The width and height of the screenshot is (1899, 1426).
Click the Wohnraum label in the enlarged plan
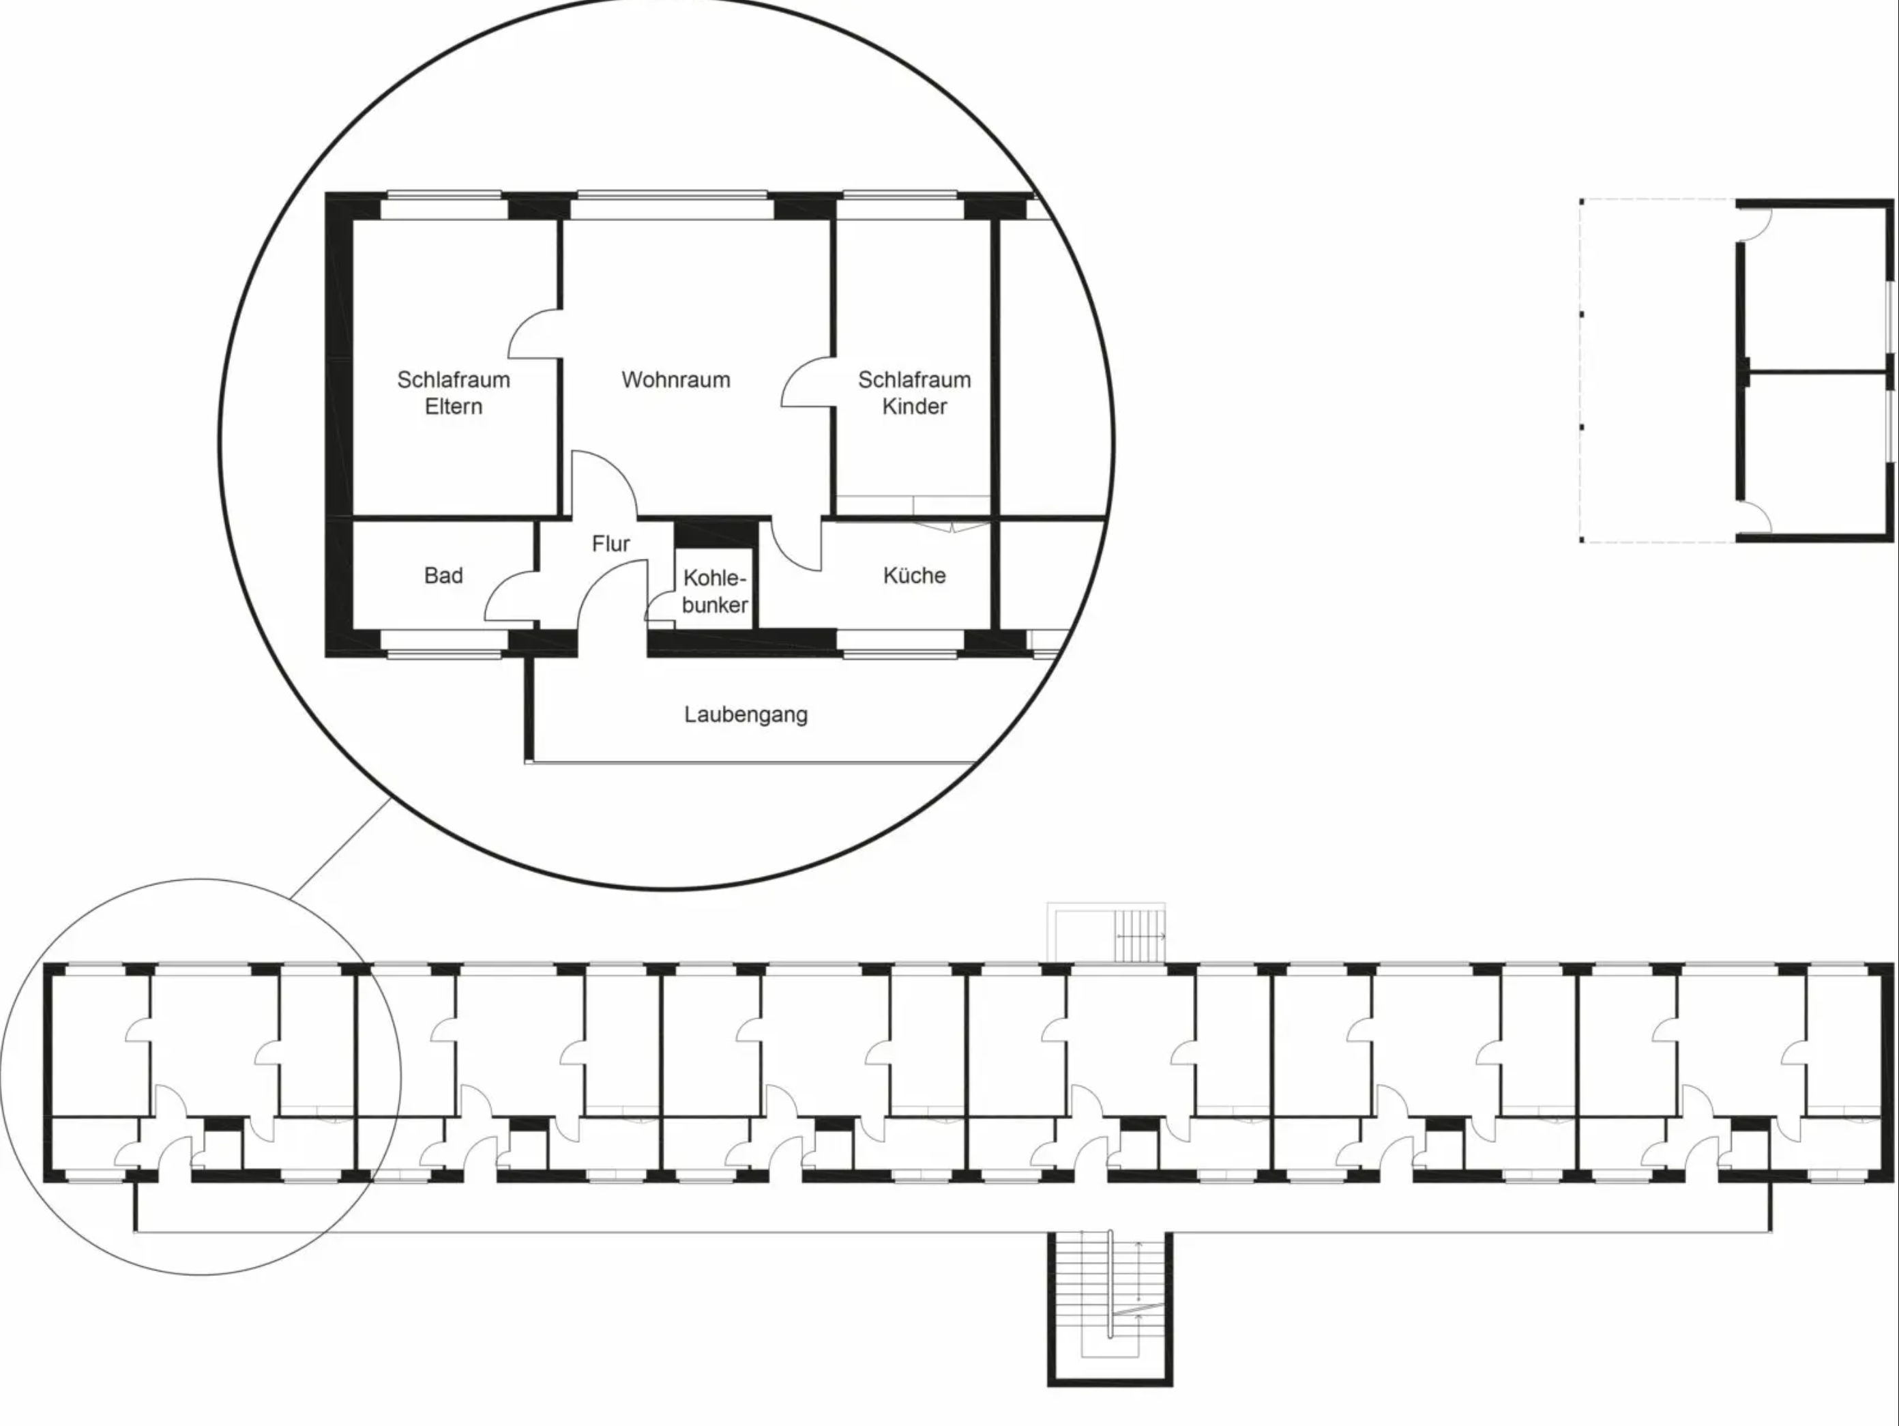pyautogui.click(x=676, y=379)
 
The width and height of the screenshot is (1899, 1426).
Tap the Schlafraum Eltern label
pyautogui.click(x=454, y=392)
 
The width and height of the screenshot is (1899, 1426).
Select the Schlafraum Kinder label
pyautogui.click(x=914, y=392)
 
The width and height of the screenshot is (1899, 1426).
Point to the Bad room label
pyautogui.click(x=443, y=575)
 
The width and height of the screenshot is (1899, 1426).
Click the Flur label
pyautogui.click(x=610, y=543)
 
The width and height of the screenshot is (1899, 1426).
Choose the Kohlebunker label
pyautogui.click(x=715, y=592)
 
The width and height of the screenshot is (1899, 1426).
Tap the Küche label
pyautogui.click(x=914, y=575)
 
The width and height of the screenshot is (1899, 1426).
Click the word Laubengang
pyautogui.click(x=745, y=714)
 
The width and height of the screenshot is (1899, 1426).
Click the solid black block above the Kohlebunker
pyautogui.click(x=715, y=533)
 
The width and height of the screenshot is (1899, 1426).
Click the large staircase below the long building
pyautogui.click(x=1109, y=1309)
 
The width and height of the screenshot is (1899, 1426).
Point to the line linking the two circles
pyautogui.click(x=341, y=848)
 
